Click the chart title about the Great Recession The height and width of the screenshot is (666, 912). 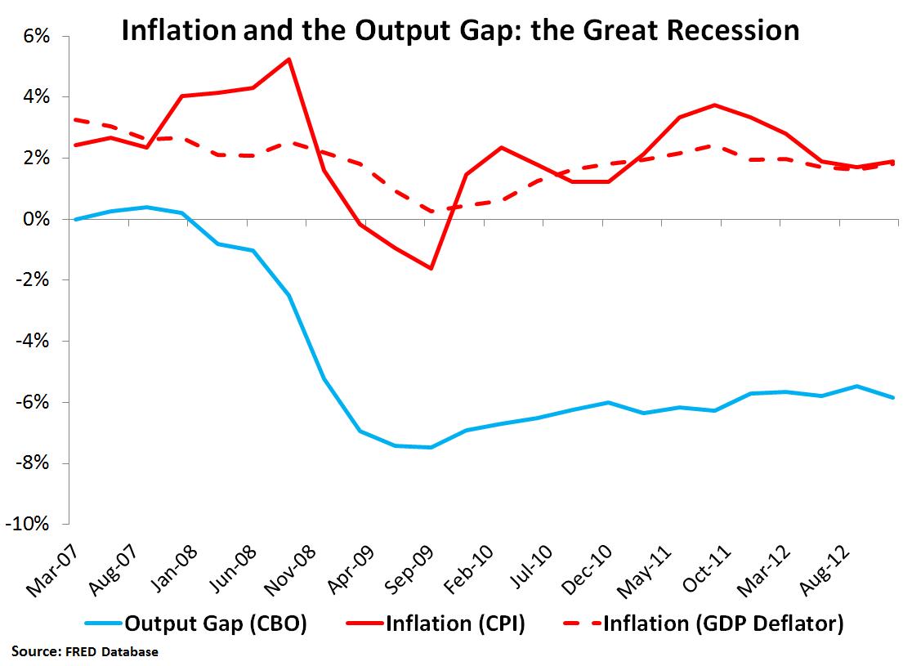pyautogui.click(x=460, y=30)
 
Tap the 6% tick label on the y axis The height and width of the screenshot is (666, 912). pyautogui.click(x=38, y=37)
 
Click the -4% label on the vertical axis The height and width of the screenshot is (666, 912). pyautogui.click(x=35, y=341)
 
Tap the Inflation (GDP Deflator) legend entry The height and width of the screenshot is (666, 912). pyautogui.click(x=704, y=625)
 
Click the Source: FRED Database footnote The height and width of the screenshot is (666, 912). pyautogui.click(x=85, y=652)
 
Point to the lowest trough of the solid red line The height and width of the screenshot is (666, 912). pyautogui.click(x=431, y=268)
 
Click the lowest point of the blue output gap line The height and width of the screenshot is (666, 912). pyautogui.click(x=431, y=447)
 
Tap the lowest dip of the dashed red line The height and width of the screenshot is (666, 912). pyautogui.click(x=431, y=211)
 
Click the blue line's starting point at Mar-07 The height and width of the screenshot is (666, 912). pyautogui.click(x=75, y=219)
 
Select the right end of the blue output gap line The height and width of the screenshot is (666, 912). pyautogui.click(x=893, y=397)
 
